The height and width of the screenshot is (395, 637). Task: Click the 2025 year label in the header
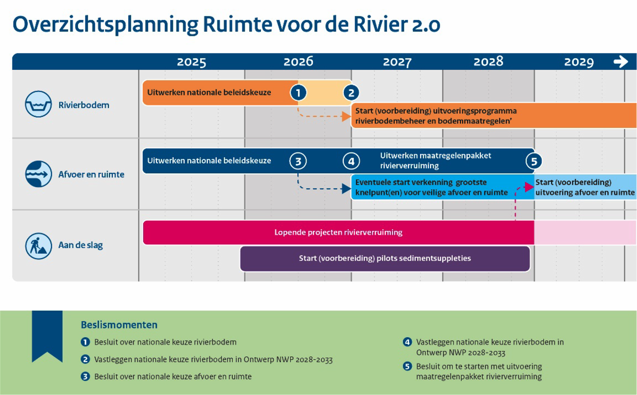(x=191, y=62)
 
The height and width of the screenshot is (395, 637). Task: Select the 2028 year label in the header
(x=488, y=61)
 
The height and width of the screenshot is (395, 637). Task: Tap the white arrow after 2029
(x=620, y=61)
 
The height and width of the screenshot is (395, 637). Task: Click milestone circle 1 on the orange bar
(x=298, y=92)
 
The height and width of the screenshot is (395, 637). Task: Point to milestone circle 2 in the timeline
(x=351, y=92)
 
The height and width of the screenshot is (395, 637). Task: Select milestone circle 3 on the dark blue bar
(x=298, y=160)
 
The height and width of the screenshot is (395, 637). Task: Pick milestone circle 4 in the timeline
(x=351, y=160)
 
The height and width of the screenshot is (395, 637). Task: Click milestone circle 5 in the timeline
(x=534, y=161)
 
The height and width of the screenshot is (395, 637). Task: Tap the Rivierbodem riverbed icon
(x=38, y=105)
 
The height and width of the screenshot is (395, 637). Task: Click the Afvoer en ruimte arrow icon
(x=38, y=174)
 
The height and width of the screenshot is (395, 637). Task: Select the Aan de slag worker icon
(x=38, y=245)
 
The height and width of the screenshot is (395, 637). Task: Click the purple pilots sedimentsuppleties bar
(x=384, y=259)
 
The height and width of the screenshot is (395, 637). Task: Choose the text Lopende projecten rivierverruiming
(x=338, y=233)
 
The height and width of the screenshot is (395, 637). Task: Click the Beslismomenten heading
(x=119, y=325)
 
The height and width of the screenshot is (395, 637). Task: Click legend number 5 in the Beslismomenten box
(x=407, y=367)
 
